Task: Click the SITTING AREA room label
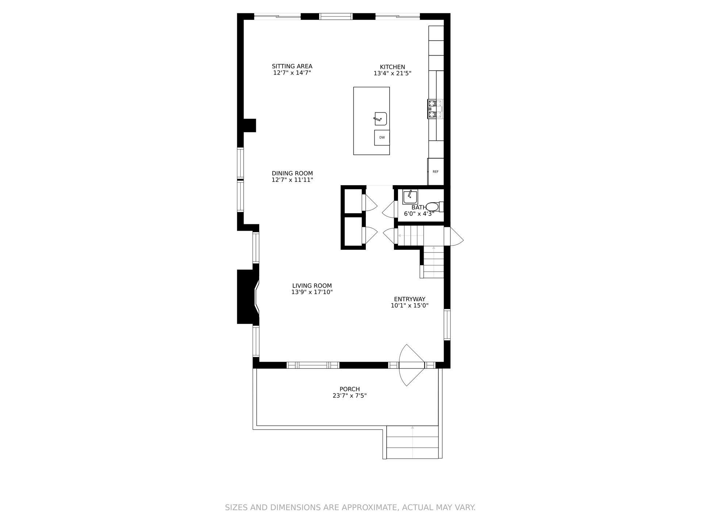292,66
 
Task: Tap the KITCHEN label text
392,67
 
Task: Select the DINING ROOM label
292,174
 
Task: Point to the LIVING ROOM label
312,286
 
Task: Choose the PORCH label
350,389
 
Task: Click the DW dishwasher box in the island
382,138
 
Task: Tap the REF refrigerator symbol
436,172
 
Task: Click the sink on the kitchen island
380,119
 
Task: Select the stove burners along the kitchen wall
435,109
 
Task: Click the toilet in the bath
434,207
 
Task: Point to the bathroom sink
410,197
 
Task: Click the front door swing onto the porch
412,365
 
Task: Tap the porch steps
412,442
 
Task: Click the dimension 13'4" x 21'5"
392,73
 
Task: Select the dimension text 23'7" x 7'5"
350,396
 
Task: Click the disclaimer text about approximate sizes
350,507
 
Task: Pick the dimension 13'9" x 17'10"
312,292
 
